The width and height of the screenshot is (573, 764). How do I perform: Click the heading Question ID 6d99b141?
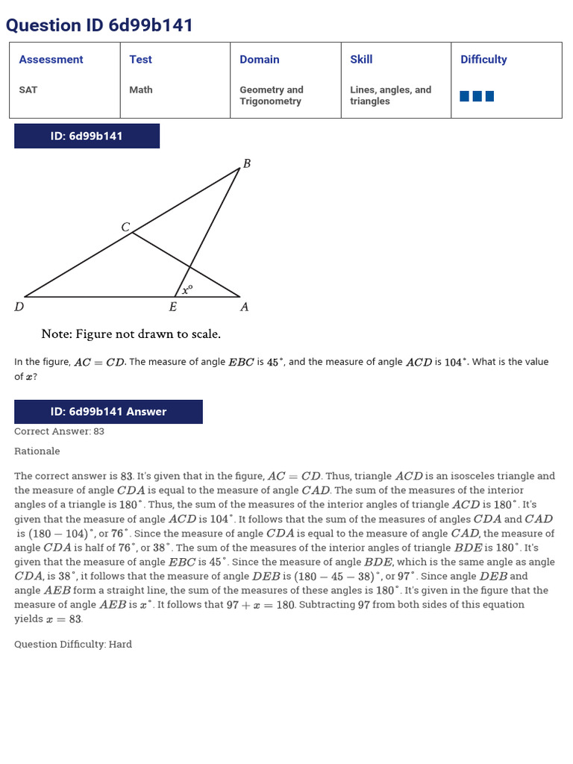click(x=99, y=25)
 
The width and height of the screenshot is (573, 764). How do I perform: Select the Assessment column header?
click(x=51, y=60)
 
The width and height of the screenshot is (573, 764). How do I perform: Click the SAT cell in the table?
click(x=28, y=90)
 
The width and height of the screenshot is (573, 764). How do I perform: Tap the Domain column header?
click(x=260, y=60)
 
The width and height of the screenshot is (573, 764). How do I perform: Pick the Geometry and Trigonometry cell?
click(x=272, y=95)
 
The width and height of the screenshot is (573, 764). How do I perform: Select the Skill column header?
click(x=361, y=60)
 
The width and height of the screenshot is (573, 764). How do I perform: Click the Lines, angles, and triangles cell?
click(x=390, y=95)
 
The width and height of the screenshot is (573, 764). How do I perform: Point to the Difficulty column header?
click(x=483, y=60)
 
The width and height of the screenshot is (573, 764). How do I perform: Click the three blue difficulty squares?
click(x=477, y=95)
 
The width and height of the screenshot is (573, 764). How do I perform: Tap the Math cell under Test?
click(x=140, y=90)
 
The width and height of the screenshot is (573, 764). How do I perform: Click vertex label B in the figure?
click(x=247, y=163)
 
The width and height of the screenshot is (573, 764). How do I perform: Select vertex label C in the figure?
click(x=125, y=226)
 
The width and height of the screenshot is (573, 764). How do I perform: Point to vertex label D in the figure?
click(x=19, y=307)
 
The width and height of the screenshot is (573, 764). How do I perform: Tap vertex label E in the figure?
click(x=173, y=307)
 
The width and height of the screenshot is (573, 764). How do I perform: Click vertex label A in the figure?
click(x=244, y=307)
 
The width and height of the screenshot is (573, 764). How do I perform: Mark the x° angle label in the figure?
click(x=188, y=289)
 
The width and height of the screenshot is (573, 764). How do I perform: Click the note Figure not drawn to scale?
click(x=131, y=334)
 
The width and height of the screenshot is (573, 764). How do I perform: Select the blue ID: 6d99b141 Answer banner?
click(x=108, y=412)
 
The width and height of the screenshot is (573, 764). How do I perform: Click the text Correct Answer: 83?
click(x=60, y=431)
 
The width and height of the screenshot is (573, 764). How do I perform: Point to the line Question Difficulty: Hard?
click(x=73, y=644)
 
